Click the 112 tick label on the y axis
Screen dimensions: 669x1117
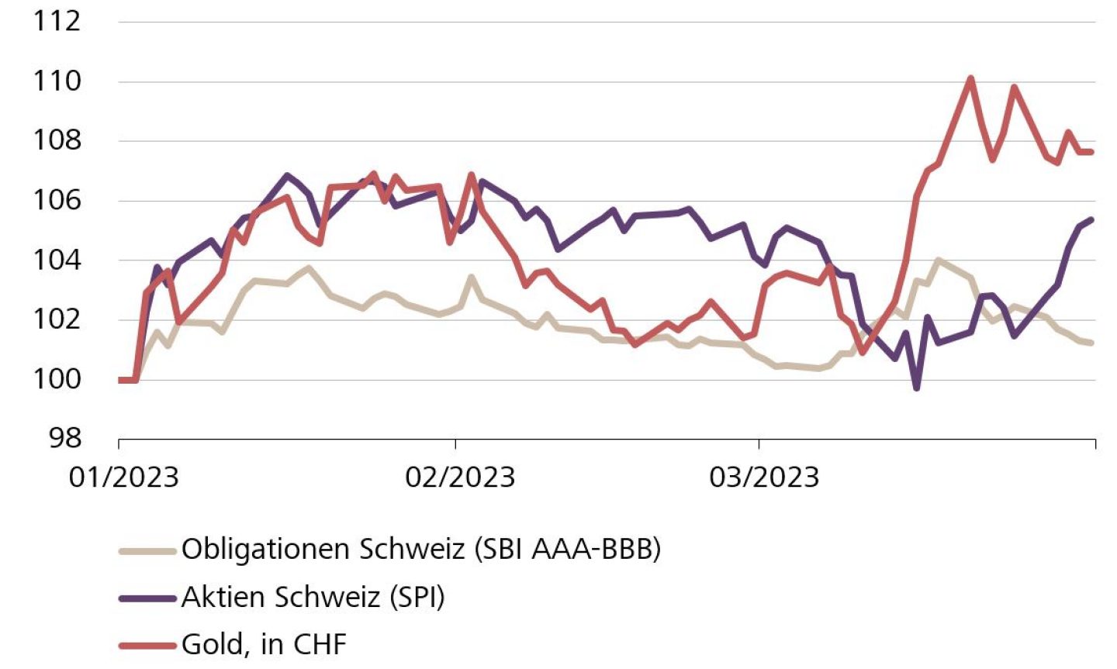pos(57,21)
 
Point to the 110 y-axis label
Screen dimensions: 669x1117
pos(57,81)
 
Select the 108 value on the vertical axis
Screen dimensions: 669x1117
pos(57,141)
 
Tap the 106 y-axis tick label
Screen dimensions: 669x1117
pos(57,201)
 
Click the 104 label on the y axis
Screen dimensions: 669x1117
pos(57,260)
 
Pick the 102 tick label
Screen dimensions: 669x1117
pos(57,320)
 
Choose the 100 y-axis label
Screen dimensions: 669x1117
pos(57,380)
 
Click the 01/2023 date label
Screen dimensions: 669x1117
pos(124,477)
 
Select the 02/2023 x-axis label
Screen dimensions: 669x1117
pos(460,477)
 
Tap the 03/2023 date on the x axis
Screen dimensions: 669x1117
pos(764,477)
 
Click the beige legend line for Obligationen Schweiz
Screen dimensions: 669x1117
pos(147,551)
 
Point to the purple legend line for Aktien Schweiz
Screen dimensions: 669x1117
pos(147,598)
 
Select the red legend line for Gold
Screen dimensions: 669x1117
pos(147,644)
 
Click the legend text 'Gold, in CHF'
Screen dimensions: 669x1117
pos(264,644)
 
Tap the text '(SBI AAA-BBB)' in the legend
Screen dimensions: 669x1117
pos(567,550)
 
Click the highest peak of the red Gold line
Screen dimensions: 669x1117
pos(970,78)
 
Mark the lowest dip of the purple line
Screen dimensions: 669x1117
pos(917,388)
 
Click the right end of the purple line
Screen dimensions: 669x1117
pos(1091,219)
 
